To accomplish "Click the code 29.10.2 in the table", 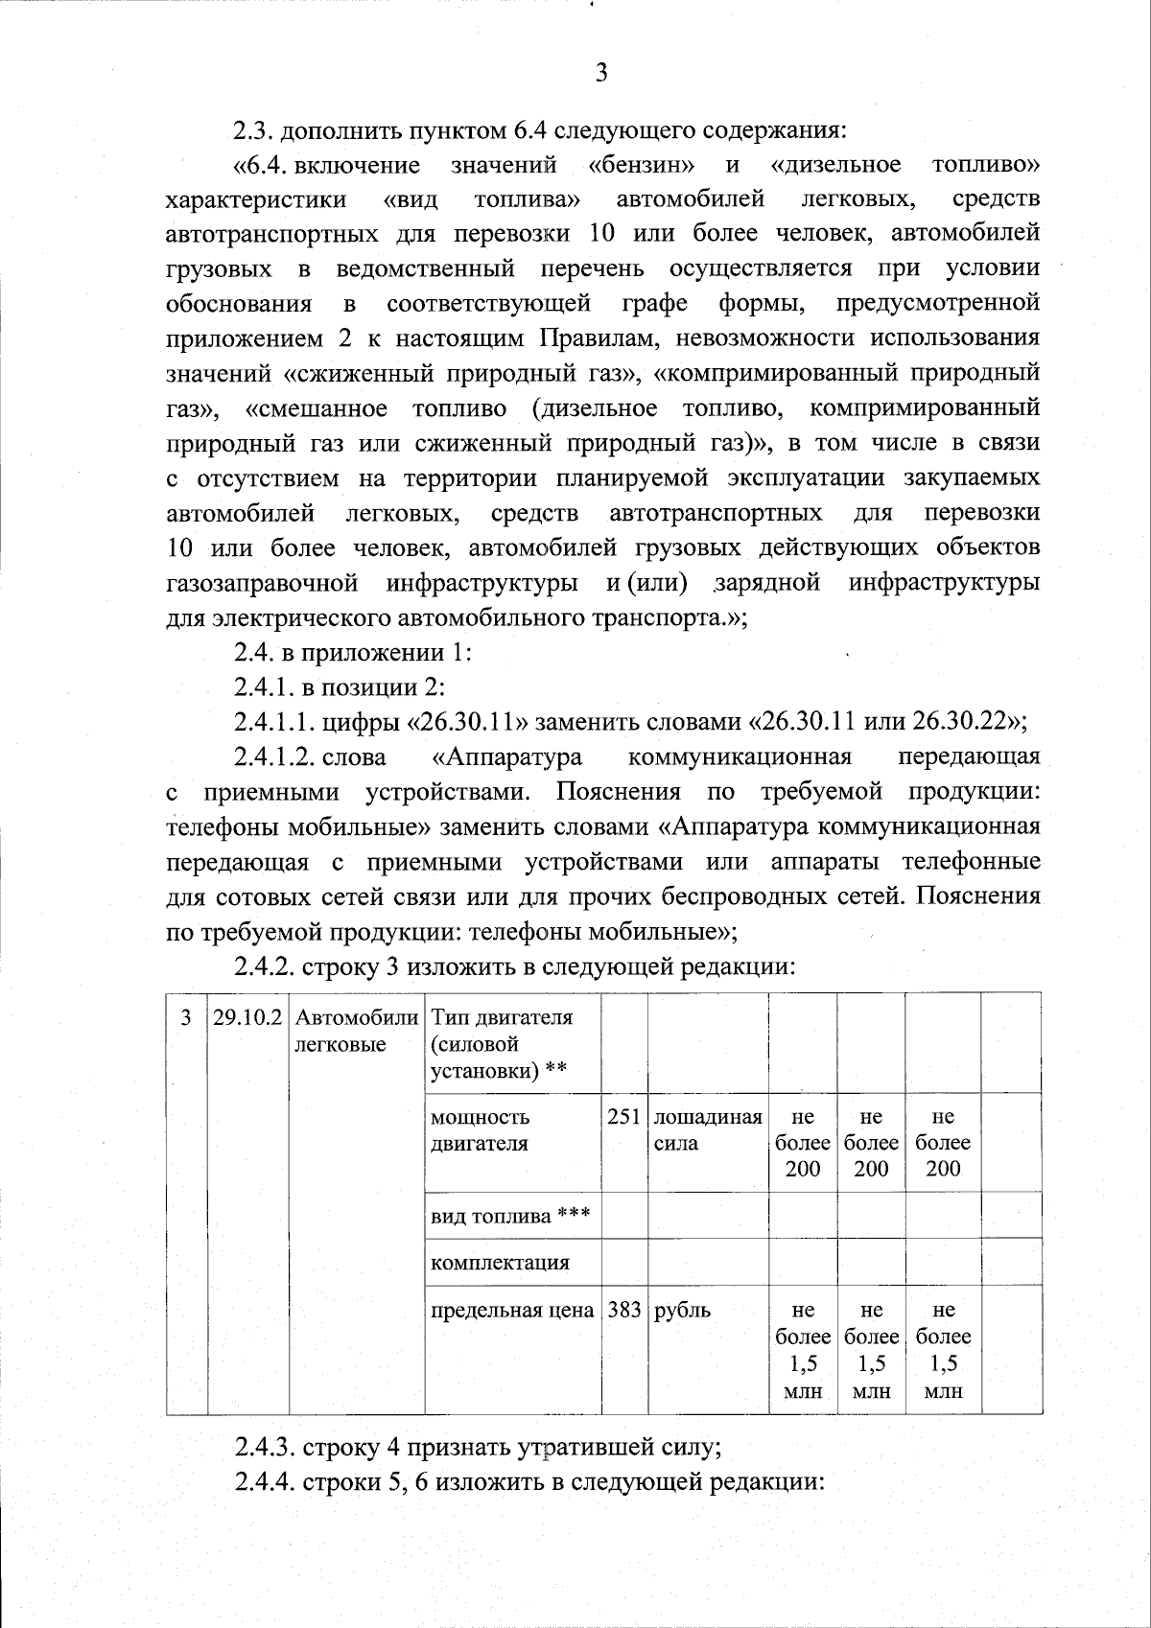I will pos(247,1018).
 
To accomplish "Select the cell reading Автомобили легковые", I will pos(356,1032).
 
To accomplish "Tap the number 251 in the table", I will pos(623,1117).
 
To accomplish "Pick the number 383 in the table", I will pos(623,1310).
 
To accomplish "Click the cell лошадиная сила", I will pos(707,1130).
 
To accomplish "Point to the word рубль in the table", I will pos(682,1310).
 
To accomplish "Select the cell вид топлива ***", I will pos(510,1216).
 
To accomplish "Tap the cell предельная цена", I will pos(512,1310).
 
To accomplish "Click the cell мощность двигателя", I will pos(481,1130).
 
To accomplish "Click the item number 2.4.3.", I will pos(265,1447).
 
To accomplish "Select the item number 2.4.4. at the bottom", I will pos(265,1482).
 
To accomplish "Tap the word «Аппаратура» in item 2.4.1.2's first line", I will pos(506,756).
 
